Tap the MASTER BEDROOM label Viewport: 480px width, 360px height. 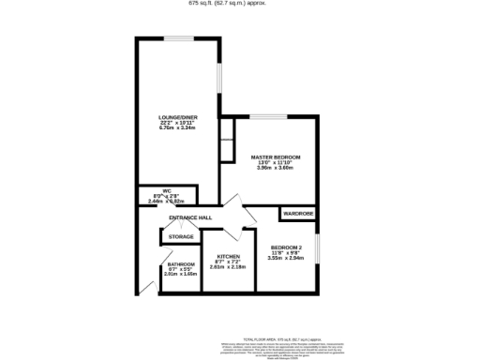pyautogui.click(x=276, y=157)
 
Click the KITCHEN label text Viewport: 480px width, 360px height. pyautogui.click(x=231, y=257)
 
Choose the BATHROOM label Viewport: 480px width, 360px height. pyautogui.click(x=181, y=264)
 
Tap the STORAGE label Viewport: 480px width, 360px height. pyautogui.click(x=182, y=237)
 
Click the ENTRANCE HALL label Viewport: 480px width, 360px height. pyautogui.click(x=189, y=218)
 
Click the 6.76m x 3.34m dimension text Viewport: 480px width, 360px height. pyautogui.click(x=177, y=127)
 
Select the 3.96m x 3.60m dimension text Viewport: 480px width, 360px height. pyautogui.click(x=276, y=168)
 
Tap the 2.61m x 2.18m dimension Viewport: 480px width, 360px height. pyautogui.click(x=231, y=268)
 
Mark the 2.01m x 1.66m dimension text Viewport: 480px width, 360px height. pyautogui.click(x=181, y=275)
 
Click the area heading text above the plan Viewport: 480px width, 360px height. pyautogui.click(x=240, y=4)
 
